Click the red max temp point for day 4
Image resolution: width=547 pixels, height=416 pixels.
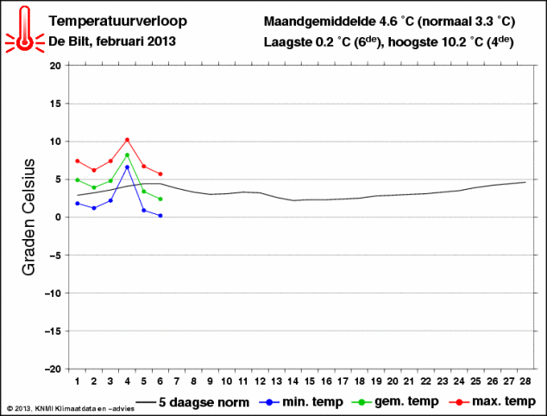(127, 140)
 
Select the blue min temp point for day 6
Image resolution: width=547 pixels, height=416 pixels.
(160, 216)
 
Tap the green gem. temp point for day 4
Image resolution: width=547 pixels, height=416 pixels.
(127, 155)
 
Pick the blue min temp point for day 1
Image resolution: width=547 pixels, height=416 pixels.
(78, 204)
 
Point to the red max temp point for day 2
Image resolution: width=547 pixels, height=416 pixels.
(94, 170)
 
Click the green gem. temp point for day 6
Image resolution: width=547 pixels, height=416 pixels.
(160, 199)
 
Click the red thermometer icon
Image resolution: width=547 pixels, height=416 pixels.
(24, 29)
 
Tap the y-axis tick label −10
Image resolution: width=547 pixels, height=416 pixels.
(53, 293)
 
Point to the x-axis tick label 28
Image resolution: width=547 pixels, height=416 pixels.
(525, 381)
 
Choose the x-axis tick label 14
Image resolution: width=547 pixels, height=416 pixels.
(292, 381)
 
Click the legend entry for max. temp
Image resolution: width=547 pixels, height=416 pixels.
(493, 401)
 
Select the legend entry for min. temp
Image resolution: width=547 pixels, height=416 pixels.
(301, 401)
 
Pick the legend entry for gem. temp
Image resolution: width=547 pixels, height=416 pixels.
(395, 401)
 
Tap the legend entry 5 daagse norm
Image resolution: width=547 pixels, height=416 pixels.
(193, 402)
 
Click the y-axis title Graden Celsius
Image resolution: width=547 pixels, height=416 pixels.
(28, 217)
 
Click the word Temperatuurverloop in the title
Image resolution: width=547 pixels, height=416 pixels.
(117, 22)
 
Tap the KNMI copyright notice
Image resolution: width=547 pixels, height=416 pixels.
(70, 408)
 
